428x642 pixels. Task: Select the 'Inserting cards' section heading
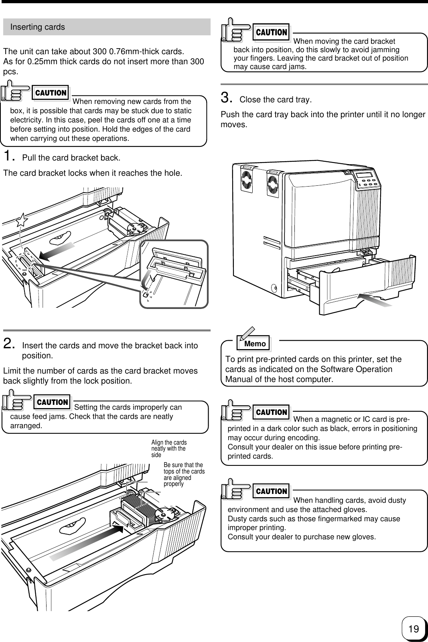(x=37, y=27)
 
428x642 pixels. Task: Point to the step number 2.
(x=9, y=344)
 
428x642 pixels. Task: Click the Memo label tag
(x=255, y=344)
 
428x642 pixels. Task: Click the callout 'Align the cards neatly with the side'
(x=169, y=449)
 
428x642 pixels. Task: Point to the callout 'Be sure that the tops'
(x=184, y=474)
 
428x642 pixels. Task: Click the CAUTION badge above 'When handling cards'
(x=272, y=492)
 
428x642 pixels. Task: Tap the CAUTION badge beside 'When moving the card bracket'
(x=272, y=33)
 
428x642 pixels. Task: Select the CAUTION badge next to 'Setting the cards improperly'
(x=52, y=402)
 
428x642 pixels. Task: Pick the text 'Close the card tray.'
(x=275, y=100)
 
